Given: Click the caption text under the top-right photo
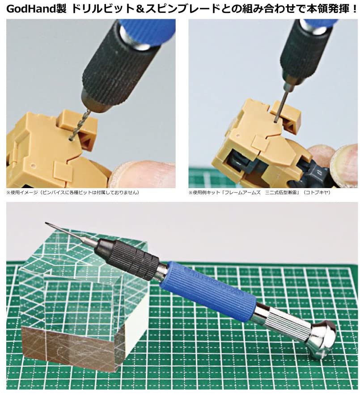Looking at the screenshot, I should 262,193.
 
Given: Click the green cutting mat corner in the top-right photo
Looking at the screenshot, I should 199,179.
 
